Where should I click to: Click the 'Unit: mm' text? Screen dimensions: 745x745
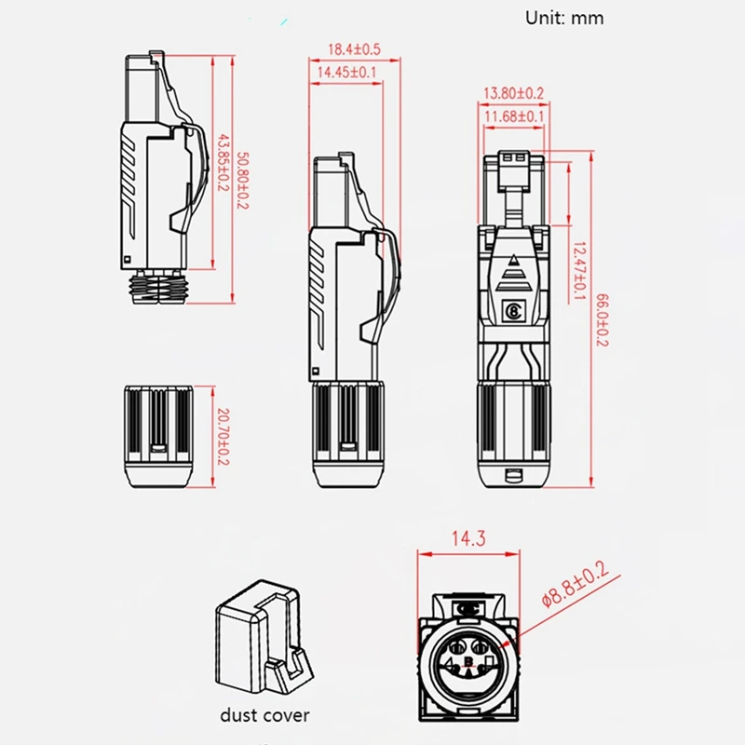point(564,18)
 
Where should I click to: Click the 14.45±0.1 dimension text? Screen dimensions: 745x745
point(346,72)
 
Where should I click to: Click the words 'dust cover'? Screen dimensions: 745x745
point(264,715)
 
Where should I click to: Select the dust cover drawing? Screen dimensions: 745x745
point(264,638)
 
